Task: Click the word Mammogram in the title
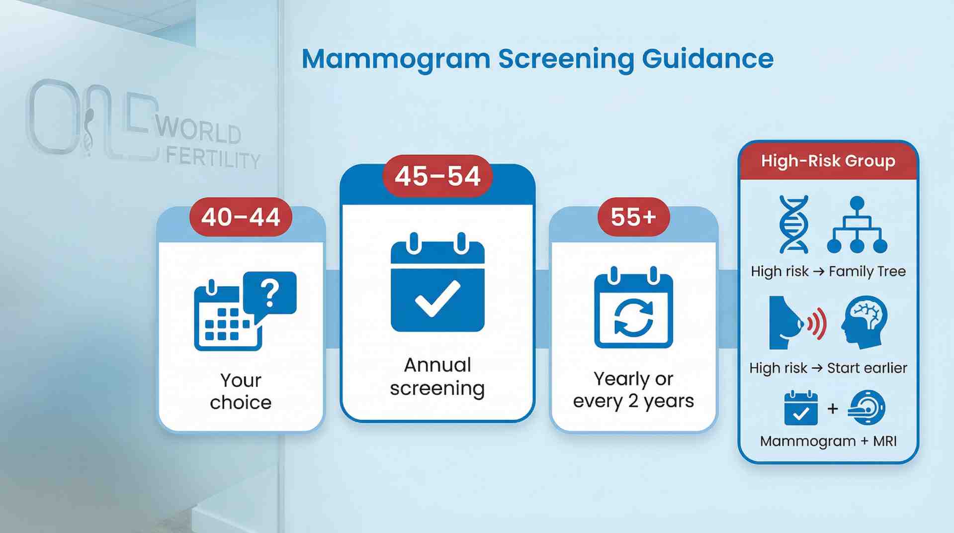point(396,60)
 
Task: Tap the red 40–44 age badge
point(241,217)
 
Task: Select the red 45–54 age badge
point(437,176)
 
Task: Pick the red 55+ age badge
point(633,217)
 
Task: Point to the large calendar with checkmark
point(437,284)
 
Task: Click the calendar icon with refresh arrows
point(633,309)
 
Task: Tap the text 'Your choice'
point(241,391)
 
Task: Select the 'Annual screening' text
point(437,377)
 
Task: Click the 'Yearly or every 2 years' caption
point(633,390)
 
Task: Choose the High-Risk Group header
point(828,161)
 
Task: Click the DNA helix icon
point(794,224)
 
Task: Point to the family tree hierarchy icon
point(857,225)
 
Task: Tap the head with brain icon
point(865,322)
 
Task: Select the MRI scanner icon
point(867,408)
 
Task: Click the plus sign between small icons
point(833,409)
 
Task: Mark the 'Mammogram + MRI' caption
point(828,441)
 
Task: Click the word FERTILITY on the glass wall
point(213,158)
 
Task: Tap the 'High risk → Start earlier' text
point(828,368)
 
